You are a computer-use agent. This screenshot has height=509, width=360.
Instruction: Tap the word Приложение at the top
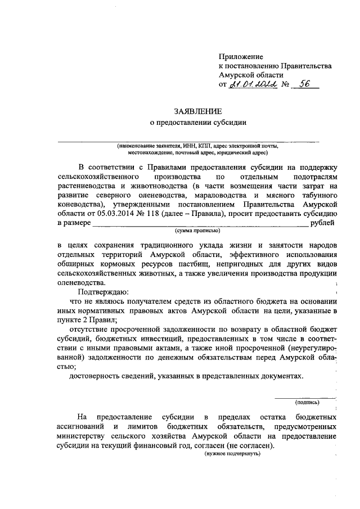[x=241, y=57]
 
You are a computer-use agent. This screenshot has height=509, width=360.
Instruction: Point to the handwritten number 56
[x=306, y=84]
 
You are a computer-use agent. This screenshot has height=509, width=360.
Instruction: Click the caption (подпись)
[x=308, y=402]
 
